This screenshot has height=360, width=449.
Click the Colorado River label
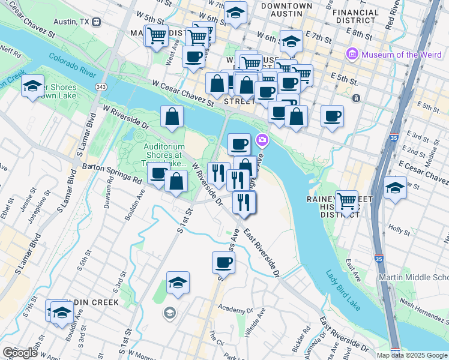72,66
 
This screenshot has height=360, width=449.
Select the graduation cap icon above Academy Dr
178,283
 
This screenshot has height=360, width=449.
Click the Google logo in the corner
19,352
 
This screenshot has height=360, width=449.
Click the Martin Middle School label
413,277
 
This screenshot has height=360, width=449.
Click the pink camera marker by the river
262,140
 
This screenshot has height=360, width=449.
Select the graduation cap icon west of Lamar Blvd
33,86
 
